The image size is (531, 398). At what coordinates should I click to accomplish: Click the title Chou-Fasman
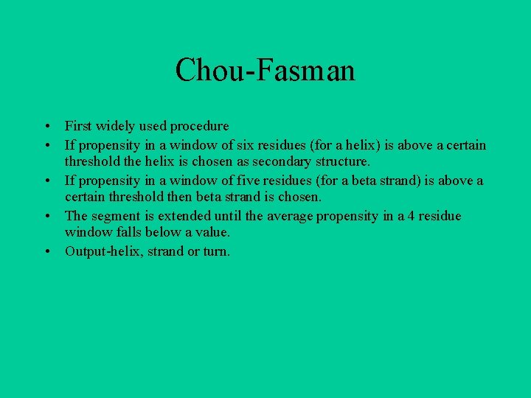pos(265,71)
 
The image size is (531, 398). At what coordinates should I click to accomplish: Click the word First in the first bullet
pos(77,126)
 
